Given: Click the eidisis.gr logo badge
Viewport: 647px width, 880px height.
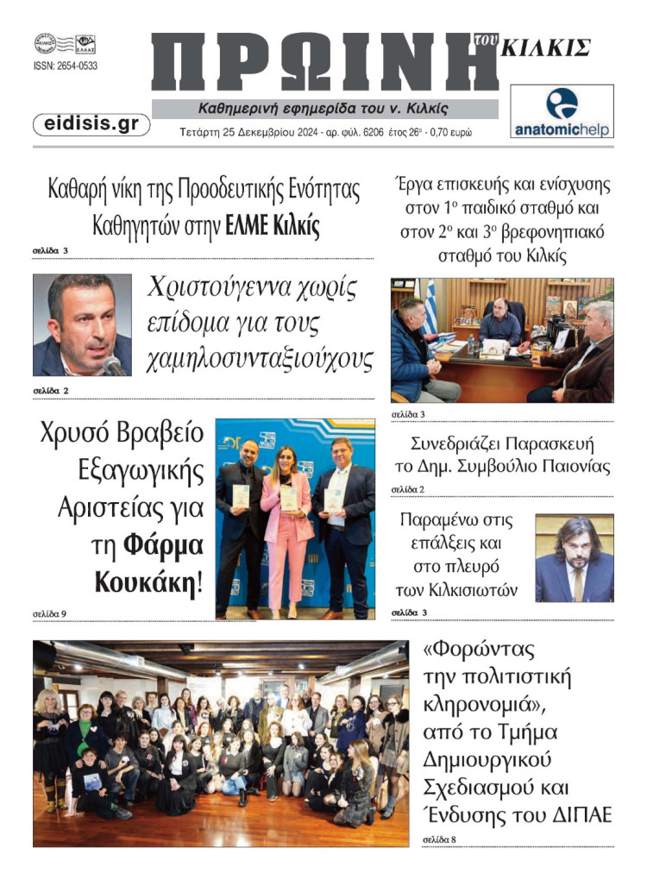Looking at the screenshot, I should [x=91, y=124].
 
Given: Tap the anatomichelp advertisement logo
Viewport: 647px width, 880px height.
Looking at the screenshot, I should [x=562, y=112].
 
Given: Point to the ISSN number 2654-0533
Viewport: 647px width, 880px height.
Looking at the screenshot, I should [x=66, y=66].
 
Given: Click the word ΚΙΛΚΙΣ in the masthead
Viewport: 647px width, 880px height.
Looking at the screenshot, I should [x=547, y=48].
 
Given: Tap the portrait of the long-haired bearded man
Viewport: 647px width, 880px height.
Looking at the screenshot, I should [x=574, y=558].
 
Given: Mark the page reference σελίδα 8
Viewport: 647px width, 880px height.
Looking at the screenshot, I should [x=440, y=838].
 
